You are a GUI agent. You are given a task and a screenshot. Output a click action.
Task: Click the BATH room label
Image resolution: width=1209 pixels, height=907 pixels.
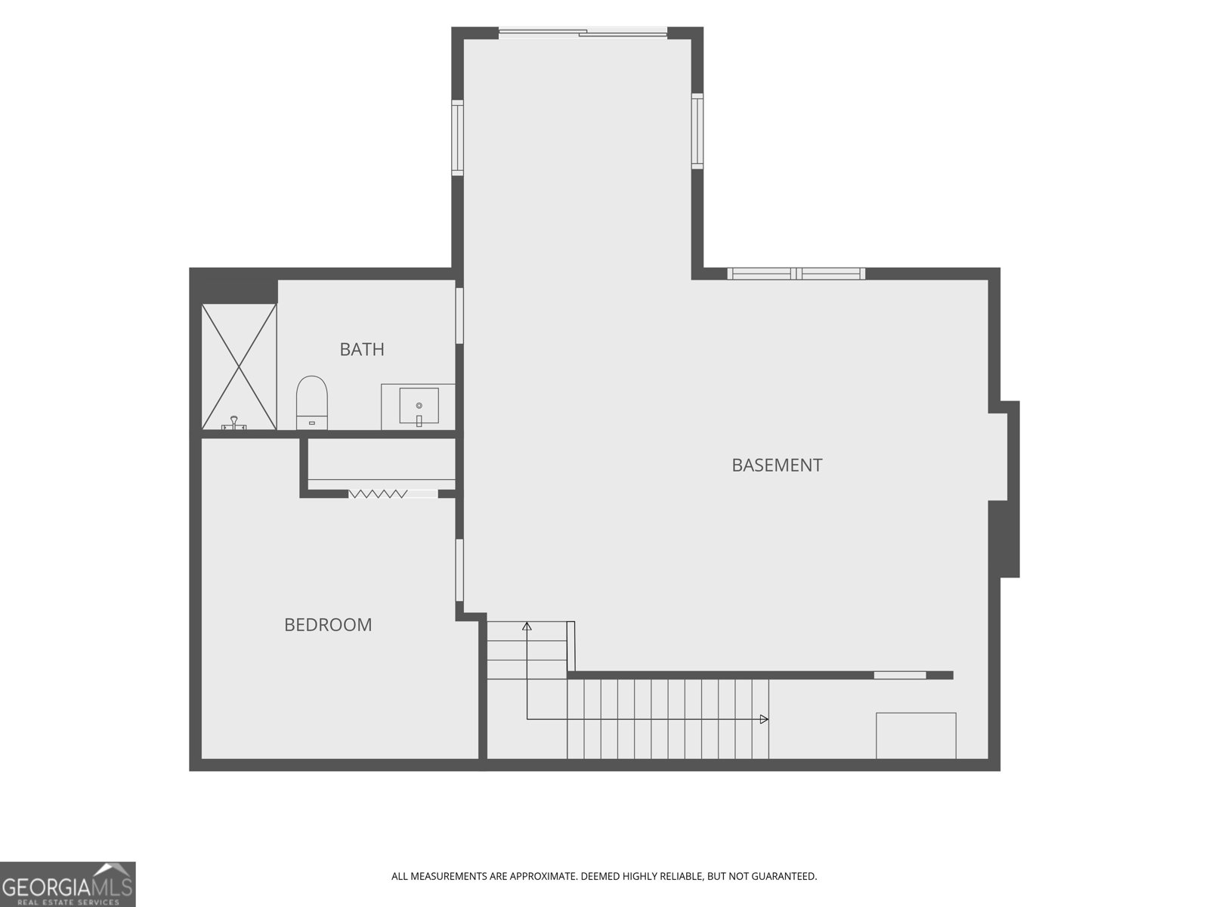point(361,349)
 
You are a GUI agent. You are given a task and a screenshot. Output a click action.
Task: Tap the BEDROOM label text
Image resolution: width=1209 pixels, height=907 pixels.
point(328,624)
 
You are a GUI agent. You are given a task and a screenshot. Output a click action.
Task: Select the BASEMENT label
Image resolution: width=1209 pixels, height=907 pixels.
point(777,466)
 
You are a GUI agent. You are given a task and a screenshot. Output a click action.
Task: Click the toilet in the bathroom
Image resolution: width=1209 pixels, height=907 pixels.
point(312,403)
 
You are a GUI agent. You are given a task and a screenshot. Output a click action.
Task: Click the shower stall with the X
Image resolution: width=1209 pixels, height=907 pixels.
point(239,367)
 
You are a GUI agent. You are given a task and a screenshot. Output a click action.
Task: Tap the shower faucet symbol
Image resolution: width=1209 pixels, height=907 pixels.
point(234,423)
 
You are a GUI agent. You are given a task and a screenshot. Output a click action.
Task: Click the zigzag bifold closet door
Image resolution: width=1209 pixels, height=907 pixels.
point(378,494)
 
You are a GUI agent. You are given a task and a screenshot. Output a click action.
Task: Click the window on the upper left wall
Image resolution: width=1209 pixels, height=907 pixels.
point(457,138)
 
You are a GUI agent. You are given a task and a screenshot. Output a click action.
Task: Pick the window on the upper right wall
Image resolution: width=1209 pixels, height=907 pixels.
point(697,131)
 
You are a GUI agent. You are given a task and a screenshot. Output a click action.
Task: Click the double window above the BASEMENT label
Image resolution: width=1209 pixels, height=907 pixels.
point(796,274)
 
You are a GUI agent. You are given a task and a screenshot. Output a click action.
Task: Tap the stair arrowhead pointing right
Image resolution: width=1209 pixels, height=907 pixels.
point(764,720)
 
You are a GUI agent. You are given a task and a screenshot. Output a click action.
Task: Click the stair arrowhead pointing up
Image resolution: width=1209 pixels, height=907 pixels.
point(527,626)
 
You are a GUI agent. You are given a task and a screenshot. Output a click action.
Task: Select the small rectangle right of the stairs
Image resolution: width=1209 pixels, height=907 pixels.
point(916,735)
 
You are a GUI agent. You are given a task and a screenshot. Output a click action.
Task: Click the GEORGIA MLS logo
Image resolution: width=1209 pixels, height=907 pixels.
point(68,884)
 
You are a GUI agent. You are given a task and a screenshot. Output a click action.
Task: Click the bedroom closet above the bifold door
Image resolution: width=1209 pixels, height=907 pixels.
point(381,460)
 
